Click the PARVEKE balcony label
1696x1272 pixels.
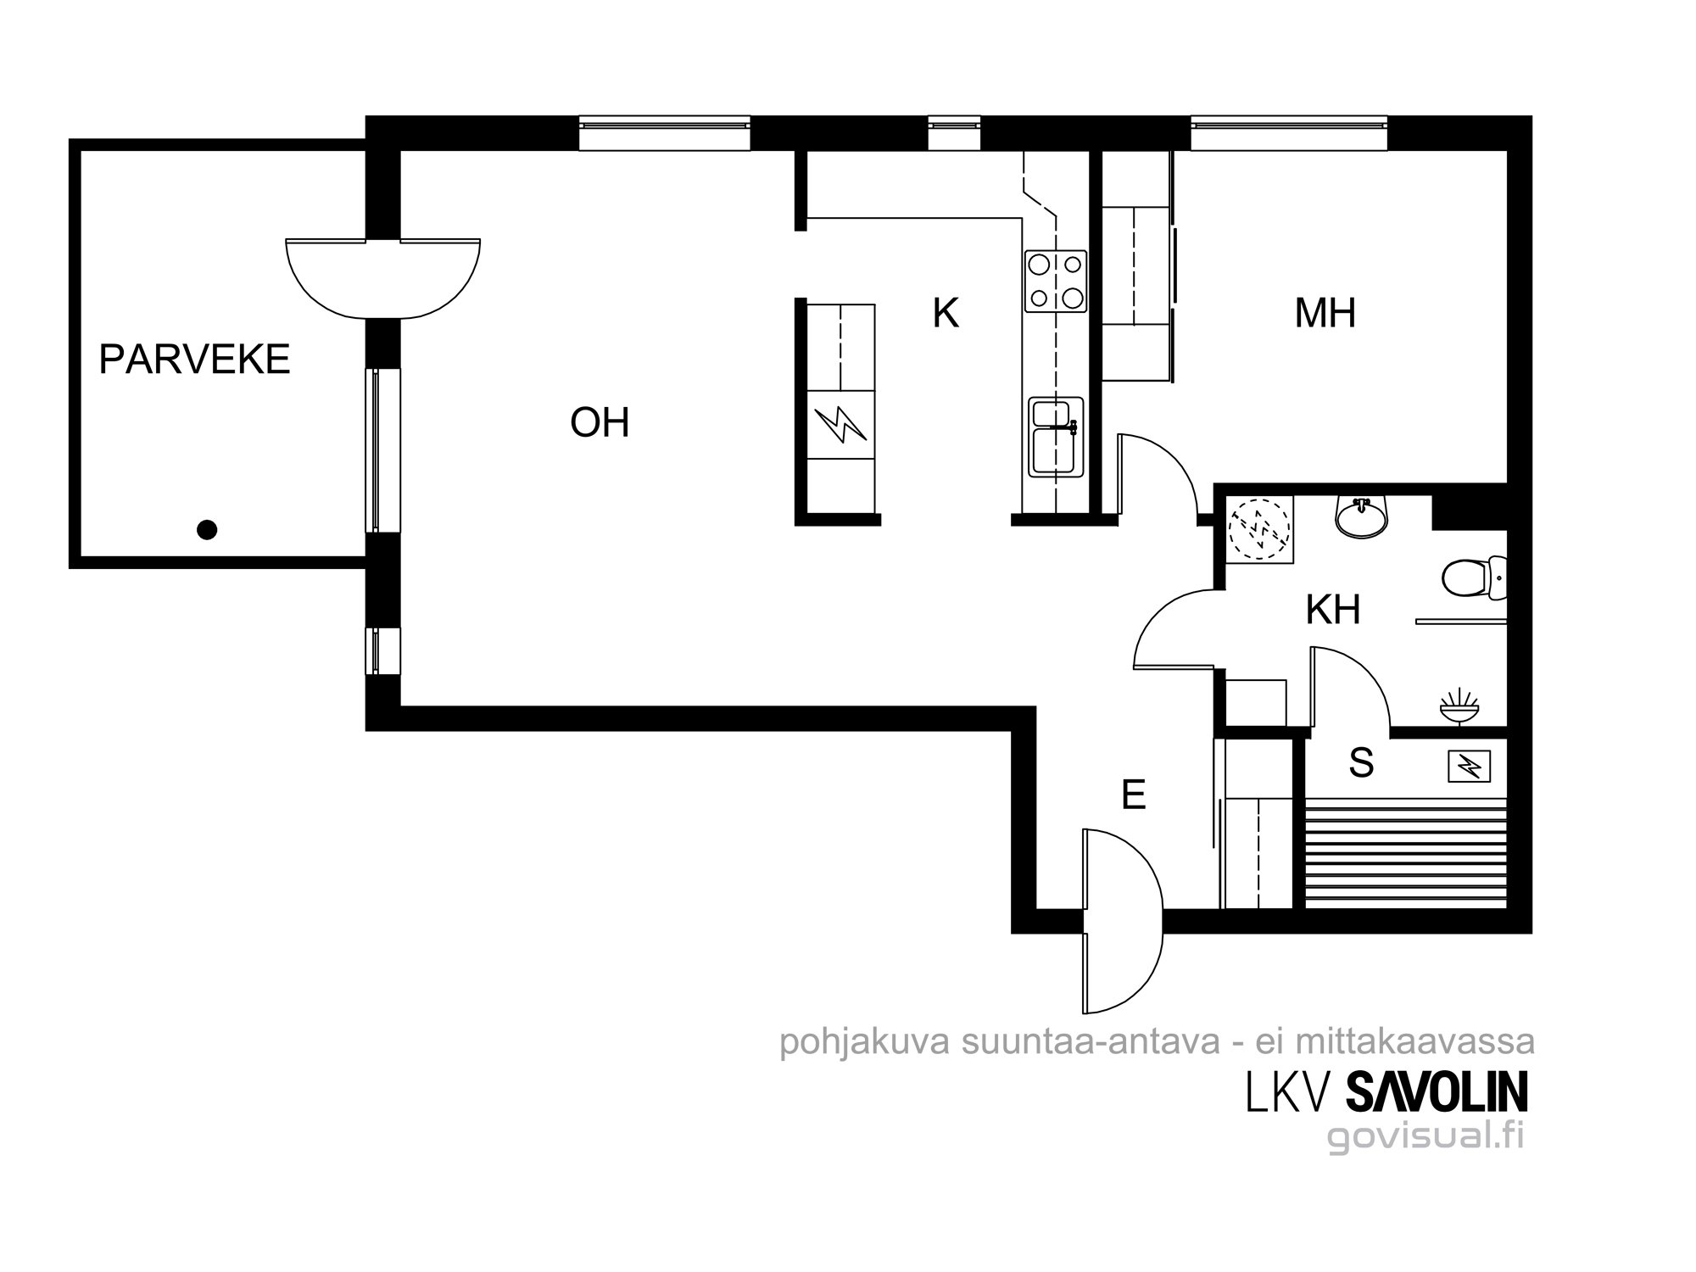point(194,360)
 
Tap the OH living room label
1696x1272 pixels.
point(600,422)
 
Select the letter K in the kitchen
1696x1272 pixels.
point(946,313)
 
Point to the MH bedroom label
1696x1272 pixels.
point(1325,313)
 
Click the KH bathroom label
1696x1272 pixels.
point(1333,609)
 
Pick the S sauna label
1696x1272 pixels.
point(1361,763)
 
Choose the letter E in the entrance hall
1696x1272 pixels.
point(1133,795)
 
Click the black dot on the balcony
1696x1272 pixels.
point(207,530)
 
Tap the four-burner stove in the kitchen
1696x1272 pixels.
point(1056,281)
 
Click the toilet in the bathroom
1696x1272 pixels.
point(1474,577)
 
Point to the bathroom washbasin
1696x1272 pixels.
point(1363,516)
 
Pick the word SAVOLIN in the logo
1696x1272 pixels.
point(1437,1093)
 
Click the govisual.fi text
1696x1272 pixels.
point(1425,1136)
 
